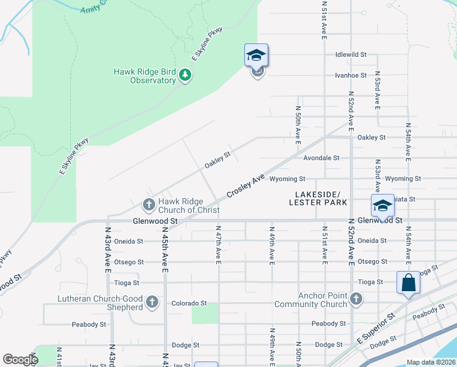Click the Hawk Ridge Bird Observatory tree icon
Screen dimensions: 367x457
[185, 75]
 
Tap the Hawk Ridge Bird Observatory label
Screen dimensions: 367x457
[145, 76]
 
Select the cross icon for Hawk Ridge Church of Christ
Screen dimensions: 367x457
[148, 204]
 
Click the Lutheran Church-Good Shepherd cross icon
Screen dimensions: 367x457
[151, 302]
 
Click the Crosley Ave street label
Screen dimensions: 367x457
[246, 186]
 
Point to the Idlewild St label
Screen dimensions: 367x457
[351, 54]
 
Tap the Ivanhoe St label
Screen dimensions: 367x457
[351, 75]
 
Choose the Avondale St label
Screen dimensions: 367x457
[321, 158]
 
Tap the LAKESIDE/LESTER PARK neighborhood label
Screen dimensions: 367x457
[317, 198]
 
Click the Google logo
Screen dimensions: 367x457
[20, 360]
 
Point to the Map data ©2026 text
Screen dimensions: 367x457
[431, 362]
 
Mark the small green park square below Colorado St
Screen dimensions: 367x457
[205, 314]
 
